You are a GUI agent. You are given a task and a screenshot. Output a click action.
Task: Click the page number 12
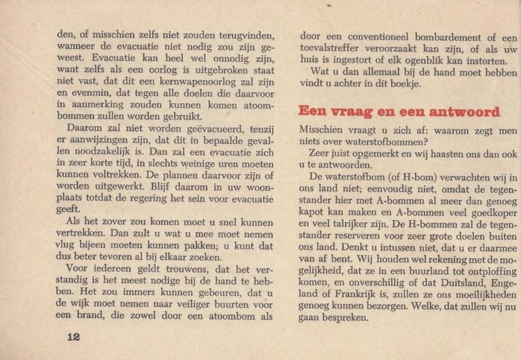pos(73,337)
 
